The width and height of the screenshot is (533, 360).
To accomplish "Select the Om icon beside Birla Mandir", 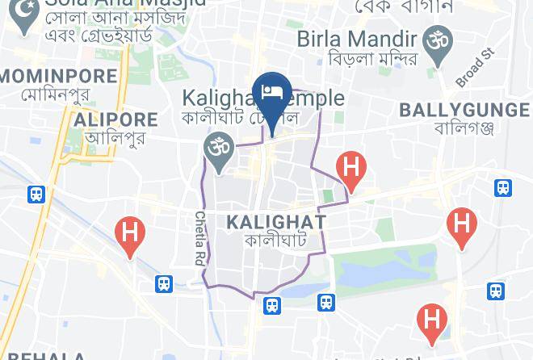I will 439,41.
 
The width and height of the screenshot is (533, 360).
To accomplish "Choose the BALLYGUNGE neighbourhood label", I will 464,109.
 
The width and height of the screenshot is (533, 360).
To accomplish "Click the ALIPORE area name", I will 115,119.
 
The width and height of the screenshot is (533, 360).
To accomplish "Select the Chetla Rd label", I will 199,239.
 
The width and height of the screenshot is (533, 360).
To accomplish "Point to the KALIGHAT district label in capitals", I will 276,221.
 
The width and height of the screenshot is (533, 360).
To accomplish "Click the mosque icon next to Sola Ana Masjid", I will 26,11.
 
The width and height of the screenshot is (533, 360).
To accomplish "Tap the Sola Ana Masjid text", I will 125,4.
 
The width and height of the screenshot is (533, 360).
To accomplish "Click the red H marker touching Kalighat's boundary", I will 351,169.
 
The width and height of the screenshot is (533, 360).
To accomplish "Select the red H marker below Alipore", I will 130,234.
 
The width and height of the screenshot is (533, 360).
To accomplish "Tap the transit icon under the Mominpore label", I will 36,194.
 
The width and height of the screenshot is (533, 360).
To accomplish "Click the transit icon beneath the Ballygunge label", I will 503,187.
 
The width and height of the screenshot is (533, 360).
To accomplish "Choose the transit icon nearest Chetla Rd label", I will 164,283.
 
